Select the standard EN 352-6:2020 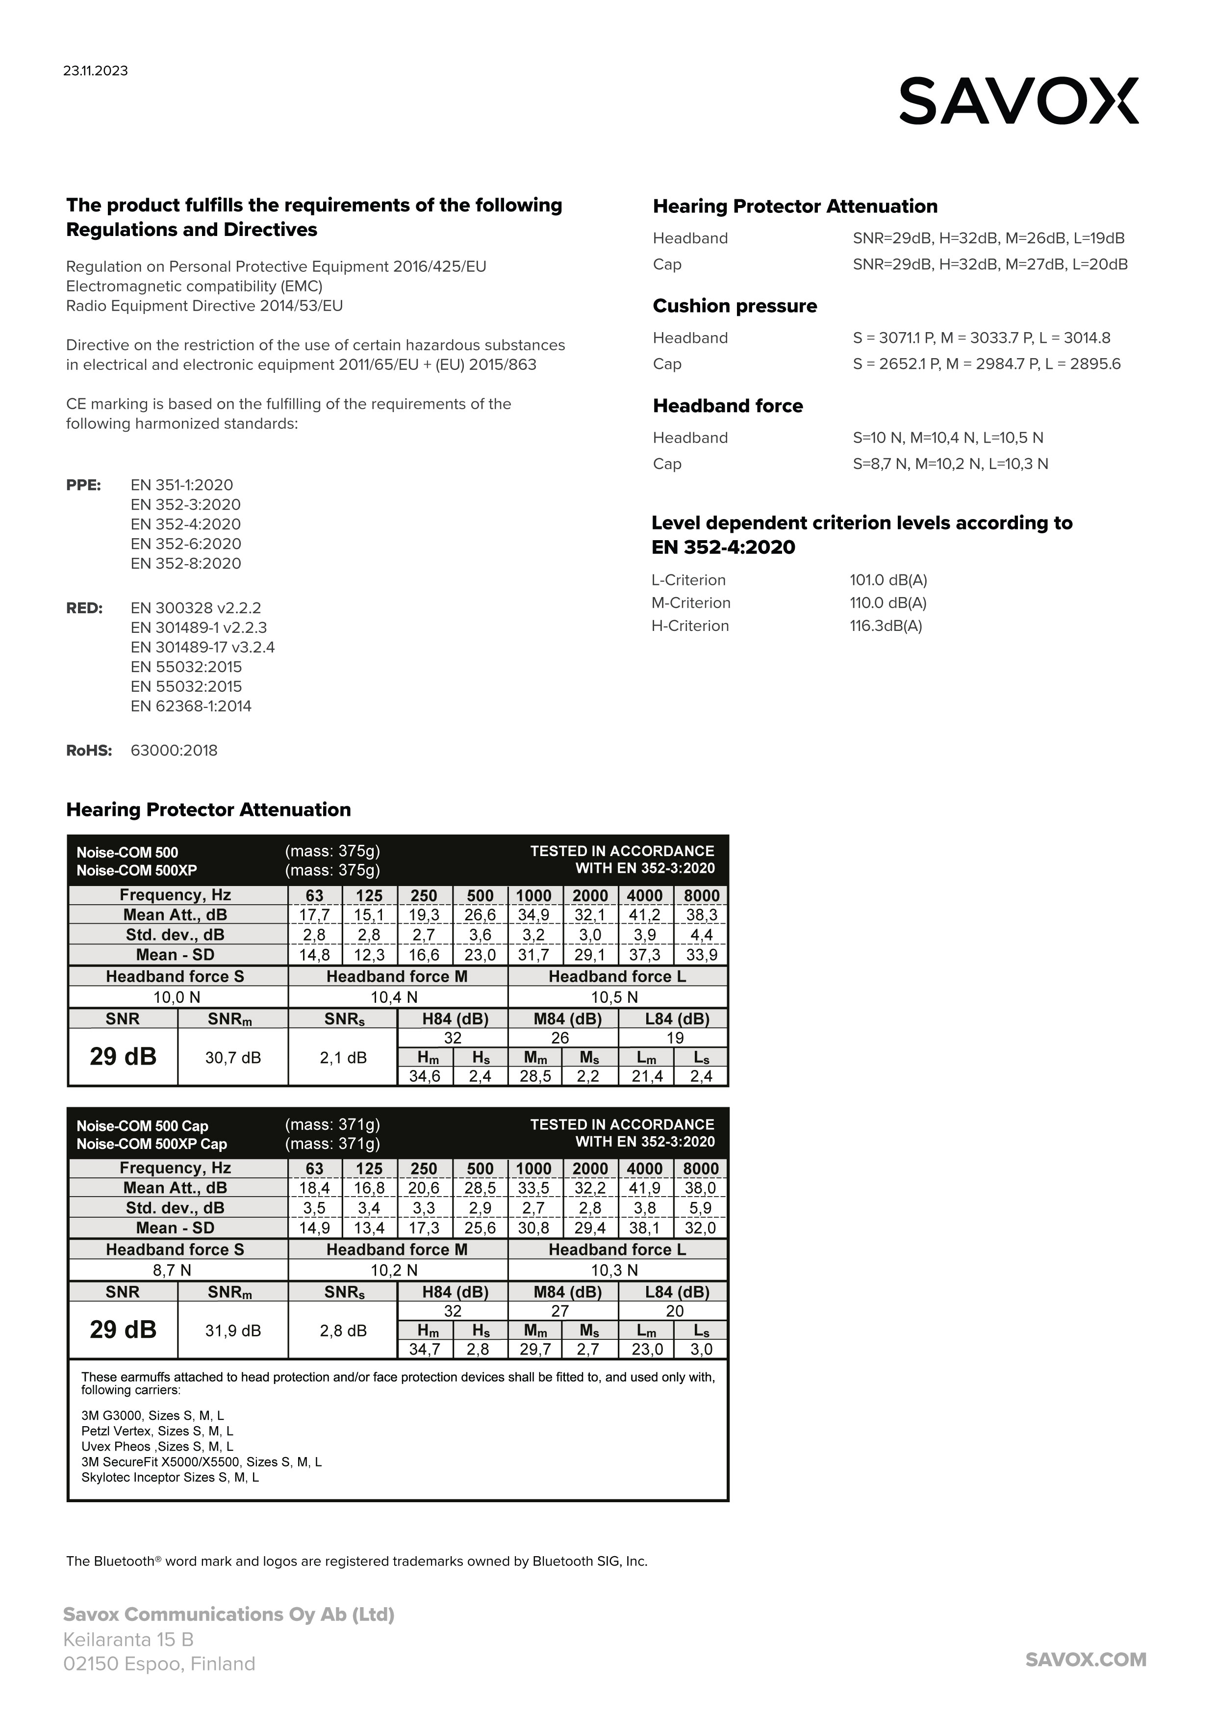click(185, 544)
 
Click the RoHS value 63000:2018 click(174, 751)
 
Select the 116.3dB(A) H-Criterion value click(886, 626)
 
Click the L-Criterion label click(688, 580)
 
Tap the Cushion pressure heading click(735, 306)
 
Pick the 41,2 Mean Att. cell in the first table click(645, 915)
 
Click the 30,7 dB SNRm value click(233, 1058)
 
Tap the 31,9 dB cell click(233, 1331)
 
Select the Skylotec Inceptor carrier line click(170, 1478)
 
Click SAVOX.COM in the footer click(1086, 1660)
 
